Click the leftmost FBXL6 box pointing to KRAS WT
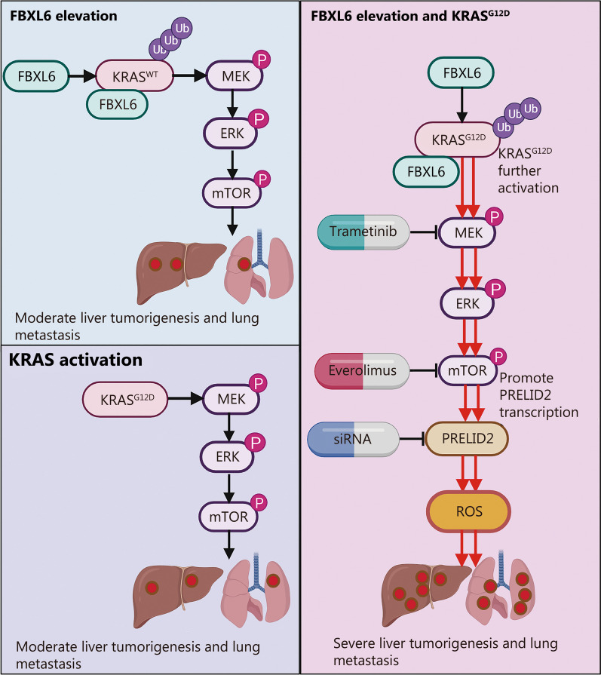click(x=35, y=75)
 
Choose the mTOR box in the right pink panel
click(x=461, y=371)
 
